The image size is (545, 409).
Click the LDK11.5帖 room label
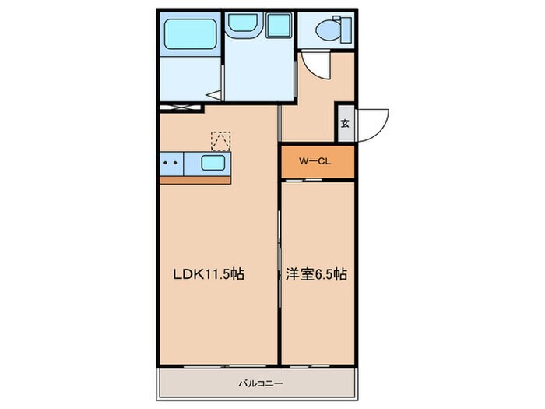[209, 274]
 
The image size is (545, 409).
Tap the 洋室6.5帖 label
[316, 274]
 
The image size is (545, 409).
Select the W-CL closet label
[315, 161]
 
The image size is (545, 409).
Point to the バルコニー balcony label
[261, 383]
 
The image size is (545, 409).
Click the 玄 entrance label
[345, 123]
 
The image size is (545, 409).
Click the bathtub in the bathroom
[190, 33]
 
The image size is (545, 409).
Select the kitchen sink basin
[213, 163]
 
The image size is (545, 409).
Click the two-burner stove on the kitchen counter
[171, 164]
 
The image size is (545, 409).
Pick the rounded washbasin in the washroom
[242, 23]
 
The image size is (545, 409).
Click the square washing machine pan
[279, 25]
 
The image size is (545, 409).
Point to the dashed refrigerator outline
[221, 141]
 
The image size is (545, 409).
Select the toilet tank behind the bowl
[346, 30]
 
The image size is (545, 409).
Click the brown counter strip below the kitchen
[195, 180]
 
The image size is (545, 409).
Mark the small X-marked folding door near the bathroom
[180, 108]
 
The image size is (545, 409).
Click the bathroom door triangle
[214, 95]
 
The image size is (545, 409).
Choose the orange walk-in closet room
[318, 162]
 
